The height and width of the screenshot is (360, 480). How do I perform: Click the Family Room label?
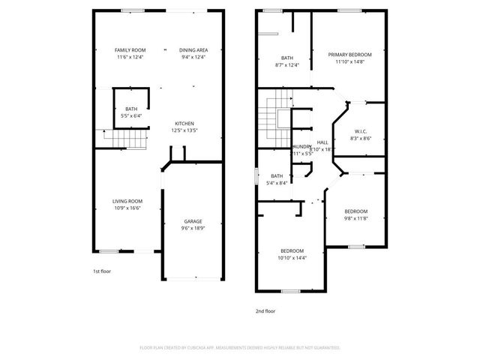(130, 49)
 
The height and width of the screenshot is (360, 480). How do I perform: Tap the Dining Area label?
(193, 49)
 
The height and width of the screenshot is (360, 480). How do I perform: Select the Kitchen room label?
(184, 123)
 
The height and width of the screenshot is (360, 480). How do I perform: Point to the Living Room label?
(127, 200)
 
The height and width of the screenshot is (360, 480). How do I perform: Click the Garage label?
(193, 220)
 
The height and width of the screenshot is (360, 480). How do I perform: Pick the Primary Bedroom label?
(349, 55)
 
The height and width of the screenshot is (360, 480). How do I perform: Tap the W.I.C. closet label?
(359, 132)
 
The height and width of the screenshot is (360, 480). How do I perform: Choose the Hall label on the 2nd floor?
(322, 142)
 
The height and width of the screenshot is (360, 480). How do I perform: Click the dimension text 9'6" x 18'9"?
(193, 228)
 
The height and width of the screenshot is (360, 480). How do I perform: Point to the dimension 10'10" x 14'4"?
(292, 257)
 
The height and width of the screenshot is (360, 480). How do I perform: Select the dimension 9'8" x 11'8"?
(356, 218)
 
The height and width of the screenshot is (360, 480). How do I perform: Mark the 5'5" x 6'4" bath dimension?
(131, 116)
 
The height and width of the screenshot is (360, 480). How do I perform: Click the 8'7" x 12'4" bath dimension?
(287, 64)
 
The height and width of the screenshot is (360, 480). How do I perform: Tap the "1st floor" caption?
(101, 271)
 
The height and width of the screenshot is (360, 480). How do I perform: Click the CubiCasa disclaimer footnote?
(240, 348)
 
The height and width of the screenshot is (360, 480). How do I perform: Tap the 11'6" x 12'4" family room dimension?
(130, 57)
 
